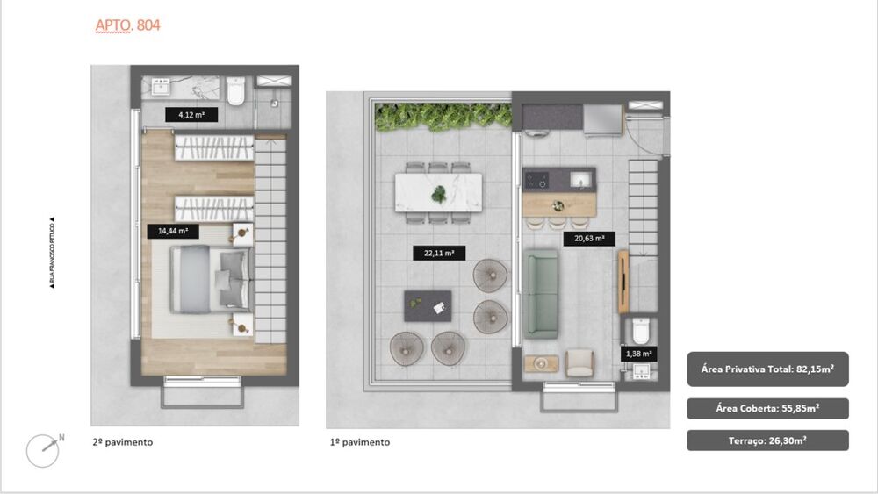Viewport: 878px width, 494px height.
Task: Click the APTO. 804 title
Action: (x=127, y=25)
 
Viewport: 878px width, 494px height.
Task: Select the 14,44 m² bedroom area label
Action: (x=173, y=232)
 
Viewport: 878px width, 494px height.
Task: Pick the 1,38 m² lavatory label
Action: (x=637, y=354)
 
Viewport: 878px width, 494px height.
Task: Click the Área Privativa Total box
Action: (x=767, y=369)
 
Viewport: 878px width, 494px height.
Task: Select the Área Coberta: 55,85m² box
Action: (x=767, y=408)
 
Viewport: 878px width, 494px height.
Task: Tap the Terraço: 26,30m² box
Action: (x=767, y=440)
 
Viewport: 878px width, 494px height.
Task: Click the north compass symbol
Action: (x=43, y=450)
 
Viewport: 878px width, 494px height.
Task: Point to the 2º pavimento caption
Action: (x=122, y=442)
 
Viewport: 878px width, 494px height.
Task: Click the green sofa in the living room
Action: (x=542, y=294)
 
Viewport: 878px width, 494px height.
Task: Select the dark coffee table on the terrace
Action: (x=428, y=306)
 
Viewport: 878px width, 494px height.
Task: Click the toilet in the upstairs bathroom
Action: (x=236, y=92)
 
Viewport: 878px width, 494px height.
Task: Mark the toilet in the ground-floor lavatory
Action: (x=640, y=331)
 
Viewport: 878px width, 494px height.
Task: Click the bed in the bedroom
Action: (x=211, y=278)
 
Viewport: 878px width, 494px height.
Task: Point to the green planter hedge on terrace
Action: (x=443, y=116)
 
